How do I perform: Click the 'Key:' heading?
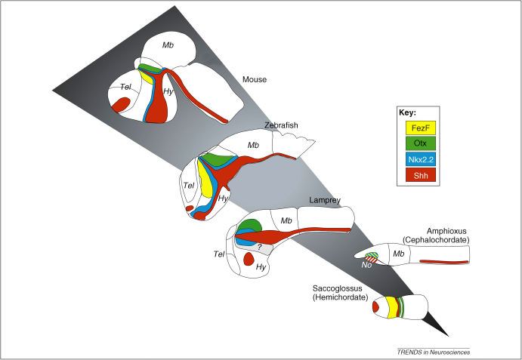407,113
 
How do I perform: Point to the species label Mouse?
255,78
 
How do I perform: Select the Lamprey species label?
324,200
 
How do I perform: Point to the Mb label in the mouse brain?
166,46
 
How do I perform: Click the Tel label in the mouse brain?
126,88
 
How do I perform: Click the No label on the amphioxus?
367,265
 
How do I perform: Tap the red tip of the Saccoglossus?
375,307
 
